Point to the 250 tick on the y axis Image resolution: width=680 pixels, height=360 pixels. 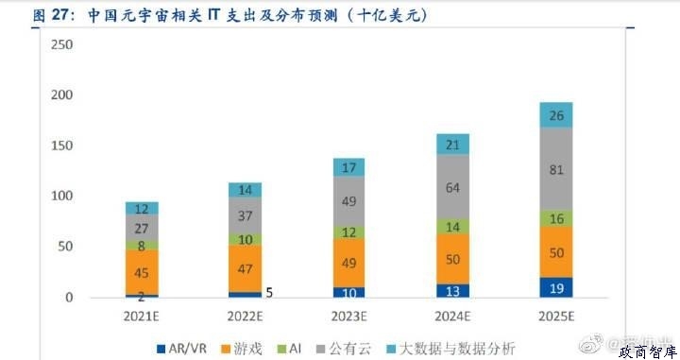(61, 44)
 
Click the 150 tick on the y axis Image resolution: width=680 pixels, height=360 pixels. (61, 146)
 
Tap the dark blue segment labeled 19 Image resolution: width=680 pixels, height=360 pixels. (555, 287)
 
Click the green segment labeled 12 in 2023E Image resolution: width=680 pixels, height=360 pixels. (348, 231)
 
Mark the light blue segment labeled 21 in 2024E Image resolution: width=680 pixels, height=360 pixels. (452, 144)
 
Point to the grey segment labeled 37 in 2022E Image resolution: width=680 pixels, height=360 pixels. (246, 215)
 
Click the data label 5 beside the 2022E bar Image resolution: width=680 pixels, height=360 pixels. (269, 293)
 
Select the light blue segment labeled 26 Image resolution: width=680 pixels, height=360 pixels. (555, 115)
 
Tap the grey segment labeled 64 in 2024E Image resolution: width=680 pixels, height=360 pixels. (452, 187)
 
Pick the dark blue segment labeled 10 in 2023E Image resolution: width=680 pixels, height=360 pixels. (348, 292)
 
